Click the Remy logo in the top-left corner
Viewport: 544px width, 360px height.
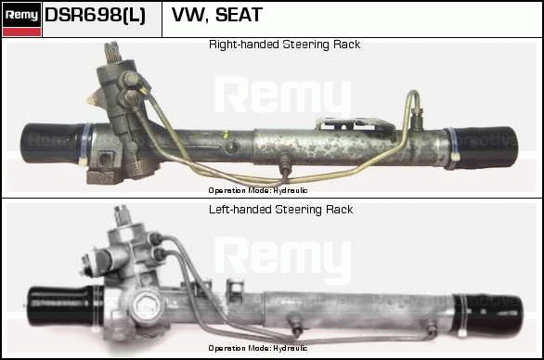click(x=22, y=19)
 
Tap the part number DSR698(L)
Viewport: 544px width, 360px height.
click(x=95, y=16)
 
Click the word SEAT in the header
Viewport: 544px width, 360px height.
click(x=239, y=15)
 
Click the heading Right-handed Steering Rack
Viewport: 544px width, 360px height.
click(x=284, y=45)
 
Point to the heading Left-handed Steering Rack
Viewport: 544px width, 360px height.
click(x=280, y=210)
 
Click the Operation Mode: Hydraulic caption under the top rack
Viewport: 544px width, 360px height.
click(x=258, y=190)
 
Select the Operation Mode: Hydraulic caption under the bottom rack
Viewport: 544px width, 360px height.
click(x=258, y=348)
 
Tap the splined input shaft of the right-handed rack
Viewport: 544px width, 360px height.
click(x=112, y=52)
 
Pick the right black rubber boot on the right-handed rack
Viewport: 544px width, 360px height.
click(x=484, y=148)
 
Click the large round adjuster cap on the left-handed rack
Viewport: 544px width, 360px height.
click(x=146, y=305)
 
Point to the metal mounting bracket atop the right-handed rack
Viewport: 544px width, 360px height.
click(x=356, y=124)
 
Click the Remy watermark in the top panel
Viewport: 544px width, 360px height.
click(x=283, y=96)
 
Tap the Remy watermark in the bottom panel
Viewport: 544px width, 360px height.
click(x=283, y=257)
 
